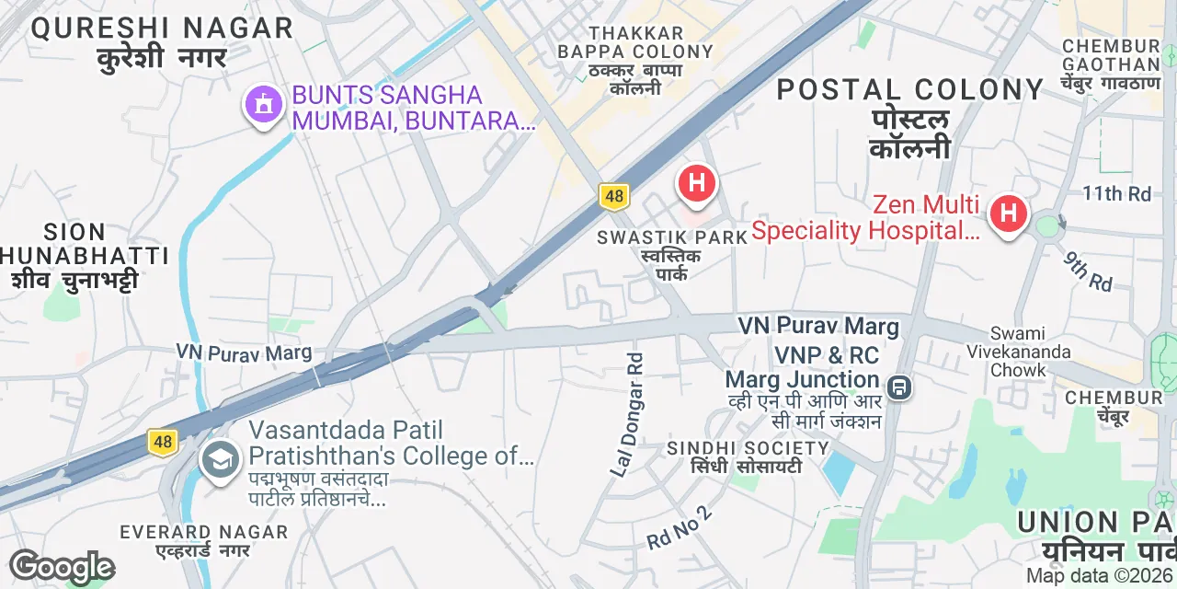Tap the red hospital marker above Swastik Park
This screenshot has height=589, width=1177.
[697, 183]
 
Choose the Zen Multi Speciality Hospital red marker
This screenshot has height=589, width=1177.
[1008, 214]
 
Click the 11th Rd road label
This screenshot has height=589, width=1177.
[1116, 194]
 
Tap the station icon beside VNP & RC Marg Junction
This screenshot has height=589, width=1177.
[899, 387]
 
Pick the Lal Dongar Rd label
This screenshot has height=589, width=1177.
[630, 413]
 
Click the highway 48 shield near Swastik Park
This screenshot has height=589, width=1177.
[613, 195]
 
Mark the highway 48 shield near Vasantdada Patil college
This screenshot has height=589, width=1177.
[163, 442]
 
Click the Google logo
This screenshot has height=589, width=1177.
[62, 568]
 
